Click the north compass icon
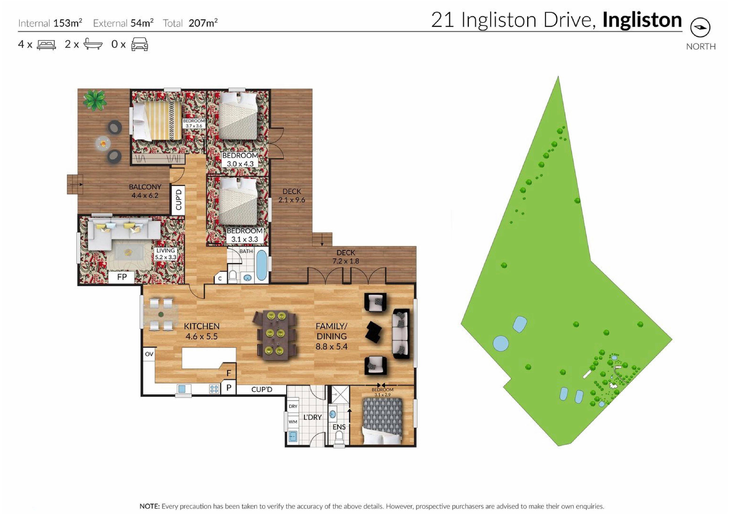click(700, 28)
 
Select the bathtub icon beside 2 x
click(93, 44)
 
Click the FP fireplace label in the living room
click(122, 277)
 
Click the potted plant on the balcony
click(94, 100)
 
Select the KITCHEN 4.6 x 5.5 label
click(202, 331)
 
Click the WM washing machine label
click(293, 422)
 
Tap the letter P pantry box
click(229, 388)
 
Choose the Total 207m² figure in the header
click(190, 23)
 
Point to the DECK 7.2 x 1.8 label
click(346, 257)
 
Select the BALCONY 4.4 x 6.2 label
click(145, 191)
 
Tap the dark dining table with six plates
click(275, 335)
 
